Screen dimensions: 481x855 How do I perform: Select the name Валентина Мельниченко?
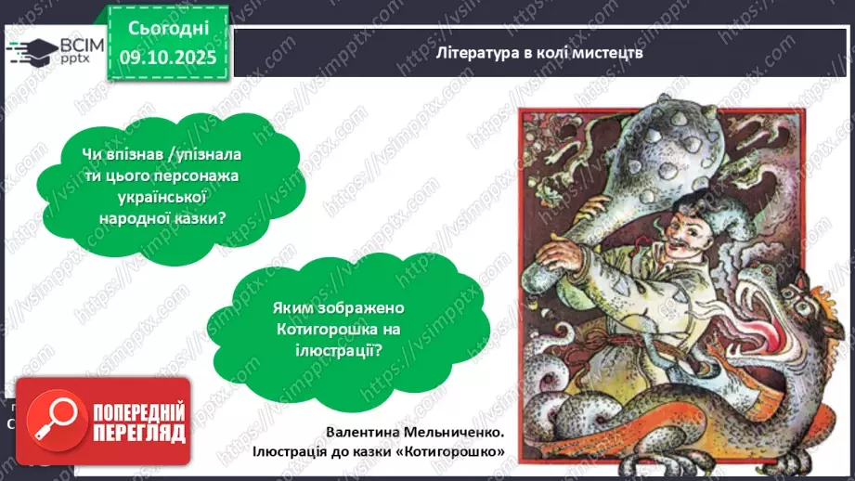(415, 432)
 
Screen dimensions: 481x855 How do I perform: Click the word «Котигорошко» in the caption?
(459, 452)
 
